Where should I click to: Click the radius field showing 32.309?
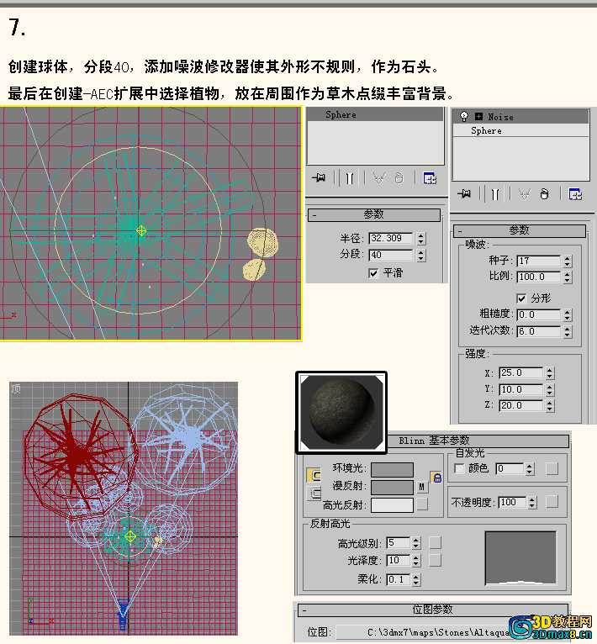(x=390, y=238)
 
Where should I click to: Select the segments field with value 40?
(x=390, y=255)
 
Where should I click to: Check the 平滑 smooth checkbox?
(x=373, y=273)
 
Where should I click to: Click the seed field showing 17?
(x=538, y=261)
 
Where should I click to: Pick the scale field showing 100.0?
(x=538, y=277)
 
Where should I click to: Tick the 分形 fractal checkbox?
(x=521, y=298)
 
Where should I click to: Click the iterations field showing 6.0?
(x=538, y=331)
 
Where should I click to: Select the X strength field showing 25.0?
(x=520, y=372)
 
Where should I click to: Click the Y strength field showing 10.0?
(x=520, y=389)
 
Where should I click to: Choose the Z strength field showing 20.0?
(x=520, y=405)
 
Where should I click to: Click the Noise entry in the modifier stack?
(x=500, y=117)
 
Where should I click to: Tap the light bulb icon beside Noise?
(x=464, y=117)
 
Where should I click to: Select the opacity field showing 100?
(x=512, y=502)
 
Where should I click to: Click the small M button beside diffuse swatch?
(x=421, y=487)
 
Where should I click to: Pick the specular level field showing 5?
(x=398, y=542)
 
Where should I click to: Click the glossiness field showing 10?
(x=398, y=560)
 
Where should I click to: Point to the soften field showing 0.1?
(x=398, y=579)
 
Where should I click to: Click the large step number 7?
(x=17, y=28)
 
